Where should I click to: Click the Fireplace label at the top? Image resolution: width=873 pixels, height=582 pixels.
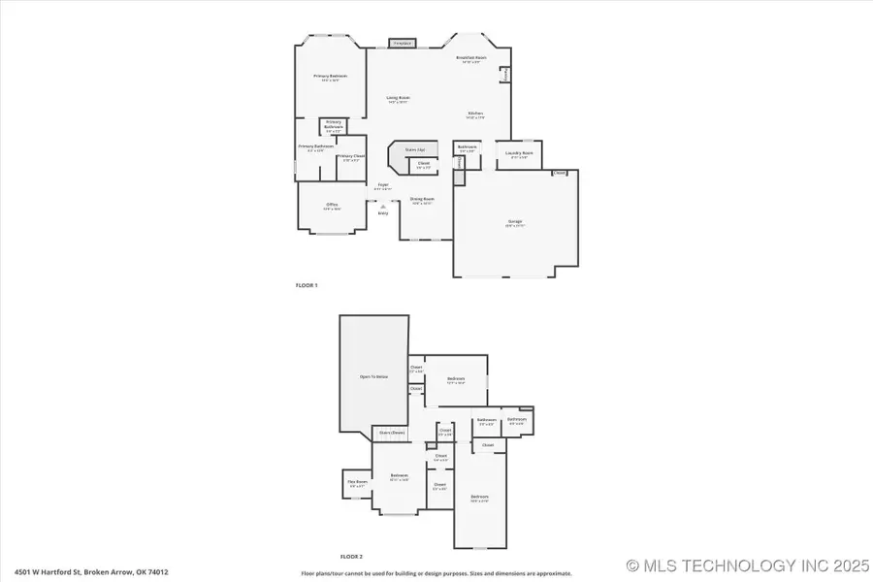pyautogui.click(x=402, y=44)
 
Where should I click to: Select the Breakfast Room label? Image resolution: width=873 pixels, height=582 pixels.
pyautogui.click(x=471, y=58)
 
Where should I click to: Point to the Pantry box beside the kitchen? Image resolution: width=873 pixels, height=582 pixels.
pyautogui.click(x=504, y=75)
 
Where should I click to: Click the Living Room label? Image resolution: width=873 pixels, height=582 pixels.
pyautogui.click(x=398, y=98)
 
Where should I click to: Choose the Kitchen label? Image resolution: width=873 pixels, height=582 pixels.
pyautogui.click(x=475, y=113)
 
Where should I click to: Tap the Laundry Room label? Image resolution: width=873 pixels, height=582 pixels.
pyautogui.click(x=519, y=152)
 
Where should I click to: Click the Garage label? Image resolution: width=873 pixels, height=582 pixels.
pyautogui.click(x=514, y=221)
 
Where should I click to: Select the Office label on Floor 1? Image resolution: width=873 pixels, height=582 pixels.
pyautogui.click(x=332, y=205)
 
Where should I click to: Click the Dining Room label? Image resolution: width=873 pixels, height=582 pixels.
pyautogui.click(x=422, y=199)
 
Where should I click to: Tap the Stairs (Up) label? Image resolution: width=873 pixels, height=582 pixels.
pyautogui.click(x=415, y=150)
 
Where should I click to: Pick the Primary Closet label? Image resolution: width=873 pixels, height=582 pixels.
pyautogui.click(x=350, y=156)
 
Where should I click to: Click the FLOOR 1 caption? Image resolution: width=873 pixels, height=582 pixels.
pyautogui.click(x=307, y=285)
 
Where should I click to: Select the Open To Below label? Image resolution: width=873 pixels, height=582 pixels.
pyautogui.click(x=373, y=375)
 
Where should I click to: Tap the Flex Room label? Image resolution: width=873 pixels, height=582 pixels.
pyautogui.click(x=356, y=481)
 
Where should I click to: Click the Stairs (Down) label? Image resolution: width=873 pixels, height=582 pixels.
pyautogui.click(x=392, y=433)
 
